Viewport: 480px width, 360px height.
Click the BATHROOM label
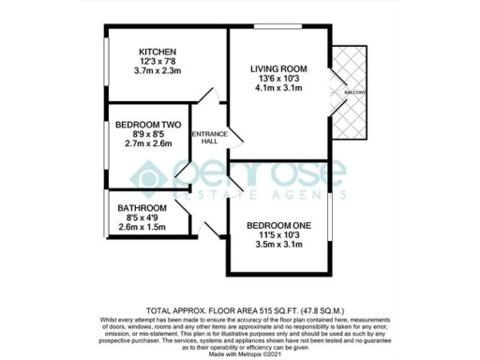142,208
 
